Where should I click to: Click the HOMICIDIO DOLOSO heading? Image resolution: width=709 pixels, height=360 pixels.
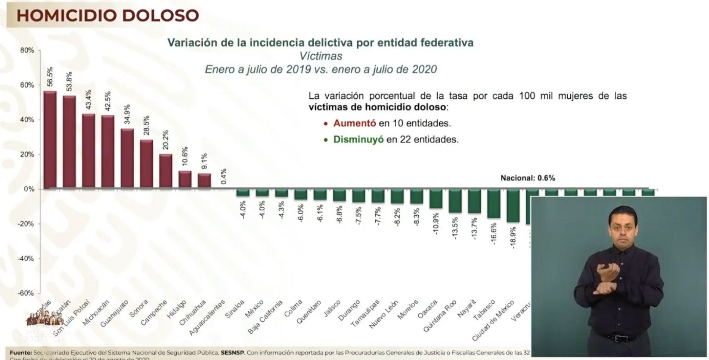pyautogui.click(x=108, y=16)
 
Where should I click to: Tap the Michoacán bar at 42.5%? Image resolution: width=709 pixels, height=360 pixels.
pyautogui.click(x=108, y=152)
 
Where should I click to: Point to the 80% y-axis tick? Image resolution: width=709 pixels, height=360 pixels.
pyautogui.click(x=27, y=51)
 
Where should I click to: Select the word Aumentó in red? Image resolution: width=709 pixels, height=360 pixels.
pyautogui.click(x=354, y=123)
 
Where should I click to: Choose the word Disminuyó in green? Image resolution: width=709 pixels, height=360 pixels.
pyautogui.click(x=358, y=140)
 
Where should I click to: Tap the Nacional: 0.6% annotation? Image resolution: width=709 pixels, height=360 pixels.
pyautogui.click(x=527, y=178)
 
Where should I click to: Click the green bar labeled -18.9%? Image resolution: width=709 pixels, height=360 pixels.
pyautogui.click(x=513, y=205)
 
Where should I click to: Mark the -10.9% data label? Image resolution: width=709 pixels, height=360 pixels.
pyautogui.click(x=436, y=223)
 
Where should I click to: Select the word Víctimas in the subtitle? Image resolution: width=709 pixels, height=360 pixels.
pyautogui.click(x=321, y=56)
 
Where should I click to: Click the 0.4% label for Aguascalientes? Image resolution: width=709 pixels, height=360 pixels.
pyautogui.click(x=224, y=177)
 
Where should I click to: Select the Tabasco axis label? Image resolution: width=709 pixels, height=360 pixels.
pyautogui.click(x=484, y=310)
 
